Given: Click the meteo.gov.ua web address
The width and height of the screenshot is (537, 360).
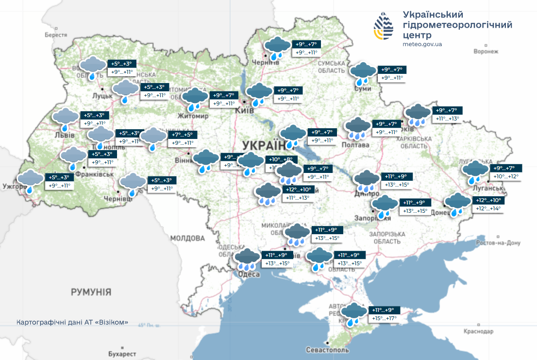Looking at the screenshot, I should pyautogui.click(x=422, y=44).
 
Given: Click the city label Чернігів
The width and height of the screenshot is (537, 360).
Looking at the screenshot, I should pyautogui.click(x=266, y=62).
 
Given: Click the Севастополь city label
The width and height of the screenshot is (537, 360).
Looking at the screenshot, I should pyautogui.click(x=328, y=350).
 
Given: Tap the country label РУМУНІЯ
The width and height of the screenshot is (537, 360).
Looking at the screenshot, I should pyautogui.click(x=91, y=292).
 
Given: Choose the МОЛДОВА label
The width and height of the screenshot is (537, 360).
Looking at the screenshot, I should pyautogui.click(x=187, y=238).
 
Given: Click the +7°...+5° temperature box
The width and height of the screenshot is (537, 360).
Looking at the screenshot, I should pyautogui.click(x=183, y=135).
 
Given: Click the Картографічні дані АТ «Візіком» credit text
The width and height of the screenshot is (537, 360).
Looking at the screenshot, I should pyautogui.click(x=72, y=322).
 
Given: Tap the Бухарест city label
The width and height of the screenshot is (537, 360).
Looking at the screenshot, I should pyautogui.click(x=122, y=354).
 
